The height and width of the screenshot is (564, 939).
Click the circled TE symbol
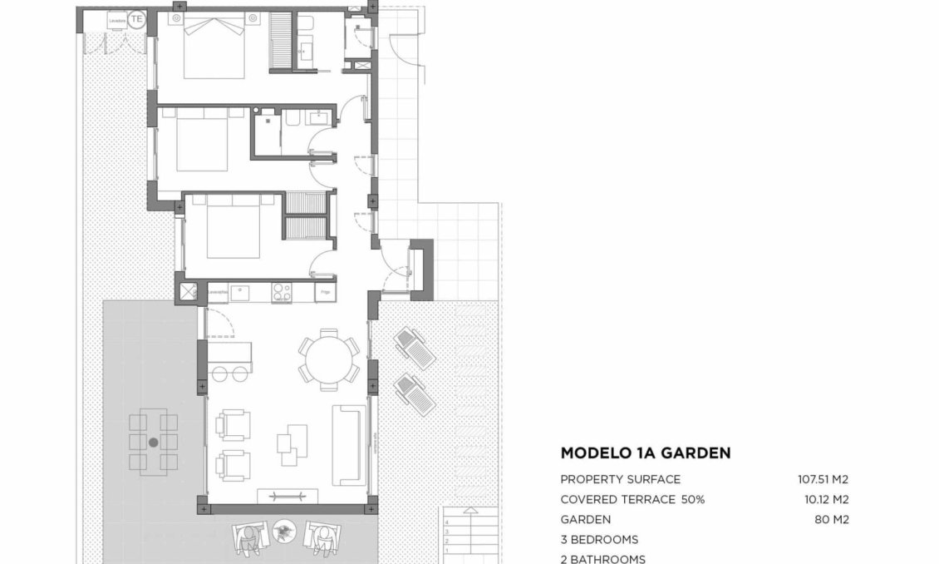pos(137,17)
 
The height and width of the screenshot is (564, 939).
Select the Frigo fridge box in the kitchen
pos(326,292)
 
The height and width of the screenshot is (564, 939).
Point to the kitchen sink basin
pos(241,291)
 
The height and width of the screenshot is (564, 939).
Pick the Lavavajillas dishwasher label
pos(218,292)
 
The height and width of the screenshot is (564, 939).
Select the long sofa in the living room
pos(348,445)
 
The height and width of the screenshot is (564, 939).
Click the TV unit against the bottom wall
pos(287,497)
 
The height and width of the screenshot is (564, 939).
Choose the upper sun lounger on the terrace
pos(413,347)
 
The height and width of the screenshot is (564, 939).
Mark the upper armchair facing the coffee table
pos(232,424)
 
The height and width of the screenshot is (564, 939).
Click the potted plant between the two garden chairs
pos(284,529)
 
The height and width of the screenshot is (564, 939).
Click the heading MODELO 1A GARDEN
pos(646,453)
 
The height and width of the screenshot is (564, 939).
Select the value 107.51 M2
pos(823,479)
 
